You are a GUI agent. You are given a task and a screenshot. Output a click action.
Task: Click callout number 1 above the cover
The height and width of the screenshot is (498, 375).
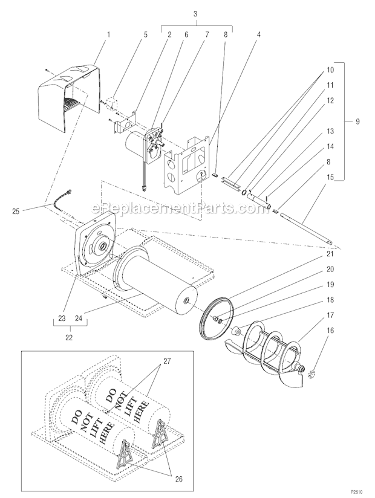108,34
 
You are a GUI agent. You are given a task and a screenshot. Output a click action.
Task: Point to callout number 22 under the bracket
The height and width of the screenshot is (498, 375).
68,337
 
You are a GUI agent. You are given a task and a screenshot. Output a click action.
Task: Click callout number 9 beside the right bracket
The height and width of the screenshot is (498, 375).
357,121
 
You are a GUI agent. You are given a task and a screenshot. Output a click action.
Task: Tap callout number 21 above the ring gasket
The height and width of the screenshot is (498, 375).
330,254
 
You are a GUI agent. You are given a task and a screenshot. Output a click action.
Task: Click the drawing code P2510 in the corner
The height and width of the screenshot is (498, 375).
361,493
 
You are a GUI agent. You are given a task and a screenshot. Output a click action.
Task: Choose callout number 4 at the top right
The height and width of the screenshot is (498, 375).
259,34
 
